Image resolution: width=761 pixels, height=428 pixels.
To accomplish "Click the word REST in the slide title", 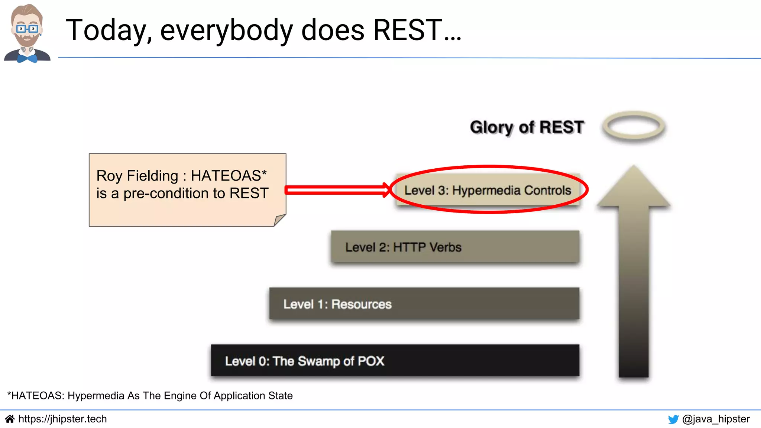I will [x=408, y=30].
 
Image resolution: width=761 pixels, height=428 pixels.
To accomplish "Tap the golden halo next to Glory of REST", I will [x=634, y=126].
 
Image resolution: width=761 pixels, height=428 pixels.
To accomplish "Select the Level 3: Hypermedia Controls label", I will [x=488, y=190].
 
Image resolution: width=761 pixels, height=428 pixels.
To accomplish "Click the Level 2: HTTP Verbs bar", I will [x=455, y=247].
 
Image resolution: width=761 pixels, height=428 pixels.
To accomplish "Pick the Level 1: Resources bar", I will [x=424, y=304].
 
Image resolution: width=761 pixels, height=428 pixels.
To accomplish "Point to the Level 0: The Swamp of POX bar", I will [x=395, y=361].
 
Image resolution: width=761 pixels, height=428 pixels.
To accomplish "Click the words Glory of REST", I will [x=527, y=127].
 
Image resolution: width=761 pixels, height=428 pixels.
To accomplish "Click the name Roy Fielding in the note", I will [x=137, y=176].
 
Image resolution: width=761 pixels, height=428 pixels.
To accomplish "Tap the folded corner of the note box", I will [x=279, y=220].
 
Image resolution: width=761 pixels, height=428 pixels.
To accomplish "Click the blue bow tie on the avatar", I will [x=27, y=58].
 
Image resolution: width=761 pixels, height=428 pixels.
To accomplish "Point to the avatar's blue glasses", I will [x=27, y=29].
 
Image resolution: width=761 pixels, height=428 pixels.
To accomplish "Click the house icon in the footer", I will [x=10, y=419].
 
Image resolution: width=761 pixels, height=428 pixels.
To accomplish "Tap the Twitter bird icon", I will [x=673, y=419].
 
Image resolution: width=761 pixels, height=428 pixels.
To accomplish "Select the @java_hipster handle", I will [x=716, y=419].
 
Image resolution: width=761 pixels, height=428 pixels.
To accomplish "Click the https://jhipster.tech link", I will [x=62, y=419].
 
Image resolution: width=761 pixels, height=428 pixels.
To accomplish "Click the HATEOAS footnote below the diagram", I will [x=150, y=396].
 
